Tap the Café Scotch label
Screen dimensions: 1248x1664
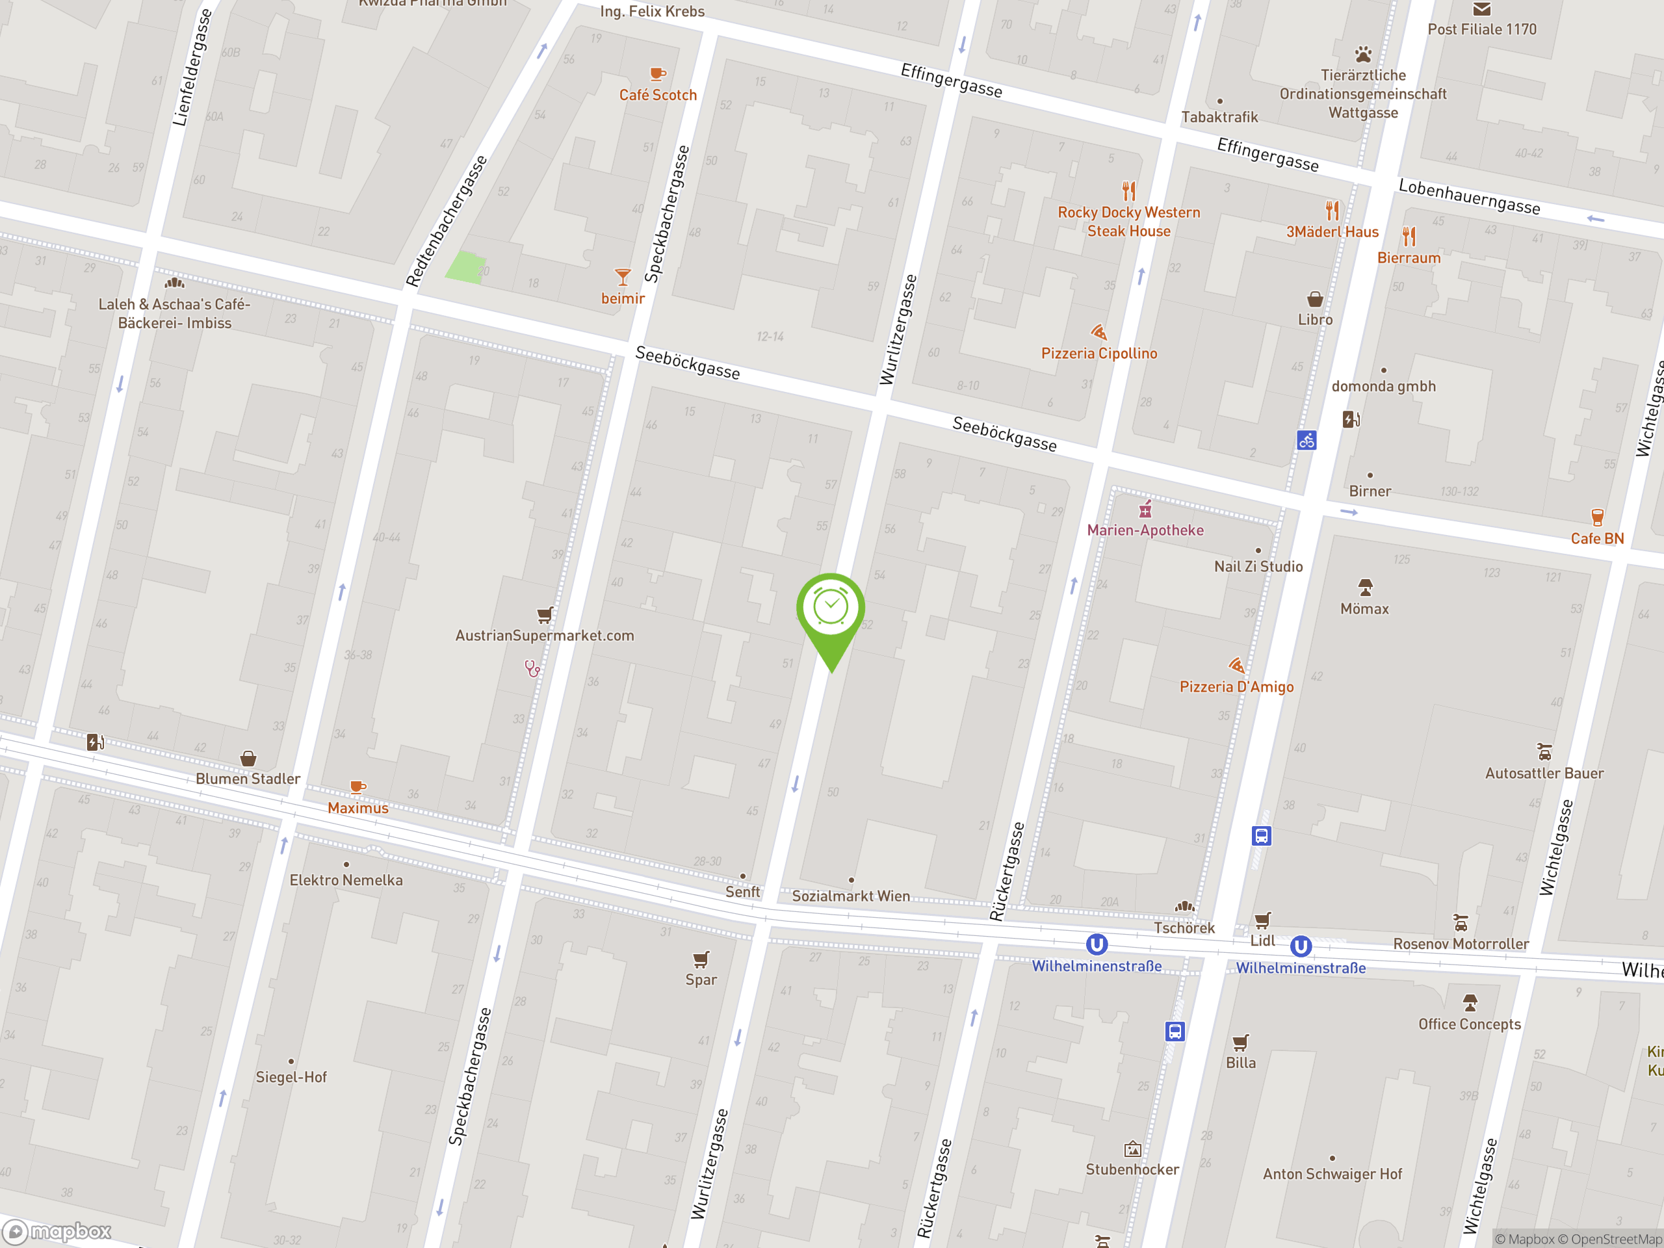[658, 96]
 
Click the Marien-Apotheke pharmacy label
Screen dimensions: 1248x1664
[1145, 530]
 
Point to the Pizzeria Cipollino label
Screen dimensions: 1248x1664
[1099, 354]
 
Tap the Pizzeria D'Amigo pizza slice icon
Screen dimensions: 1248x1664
[1236, 666]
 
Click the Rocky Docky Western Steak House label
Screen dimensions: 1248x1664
[1128, 222]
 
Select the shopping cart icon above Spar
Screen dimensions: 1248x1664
[700, 959]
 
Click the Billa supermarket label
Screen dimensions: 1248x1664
[1240, 1063]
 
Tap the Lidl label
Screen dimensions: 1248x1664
[1262, 941]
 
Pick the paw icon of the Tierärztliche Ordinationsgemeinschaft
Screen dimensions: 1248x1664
[1363, 55]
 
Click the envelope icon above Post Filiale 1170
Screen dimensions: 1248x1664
[1481, 10]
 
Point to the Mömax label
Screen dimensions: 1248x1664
[1364, 609]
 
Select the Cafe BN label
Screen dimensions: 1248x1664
[1596, 539]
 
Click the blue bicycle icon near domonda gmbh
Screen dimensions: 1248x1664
[1306, 441]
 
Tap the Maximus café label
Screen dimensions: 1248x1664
[358, 808]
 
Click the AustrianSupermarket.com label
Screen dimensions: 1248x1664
[545, 636]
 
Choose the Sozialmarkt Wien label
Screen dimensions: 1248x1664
[851, 896]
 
